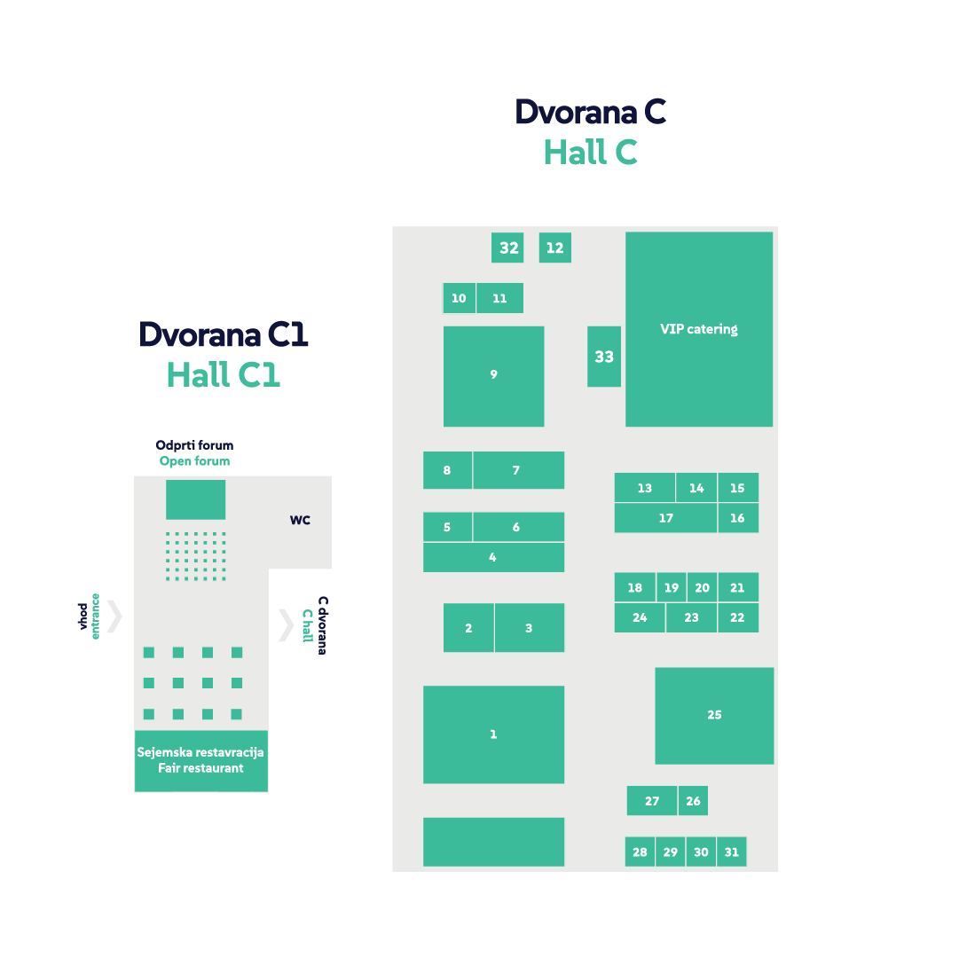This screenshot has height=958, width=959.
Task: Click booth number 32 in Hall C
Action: [x=507, y=247]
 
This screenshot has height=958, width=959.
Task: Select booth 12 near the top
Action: [x=554, y=247]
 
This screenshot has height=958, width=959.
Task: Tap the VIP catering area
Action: [x=699, y=329]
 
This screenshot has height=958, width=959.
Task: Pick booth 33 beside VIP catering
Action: [x=604, y=357]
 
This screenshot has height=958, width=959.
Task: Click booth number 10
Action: [x=459, y=298]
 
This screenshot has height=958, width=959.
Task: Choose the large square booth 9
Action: [x=493, y=376]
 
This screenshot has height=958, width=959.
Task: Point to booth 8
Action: [x=447, y=470]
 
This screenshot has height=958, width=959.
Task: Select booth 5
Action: [x=447, y=527]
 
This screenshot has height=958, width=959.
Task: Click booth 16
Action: [x=738, y=518]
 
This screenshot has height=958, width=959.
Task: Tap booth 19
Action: [x=672, y=587]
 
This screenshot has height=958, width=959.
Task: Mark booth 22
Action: [x=738, y=617]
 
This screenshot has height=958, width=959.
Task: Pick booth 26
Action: [x=693, y=801]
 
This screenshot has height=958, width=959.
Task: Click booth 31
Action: [x=731, y=852]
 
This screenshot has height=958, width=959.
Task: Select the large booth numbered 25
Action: [x=714, y=715]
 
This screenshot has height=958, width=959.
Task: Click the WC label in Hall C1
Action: [x=300, y=521]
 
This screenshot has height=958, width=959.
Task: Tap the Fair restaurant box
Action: [x=200, y=760]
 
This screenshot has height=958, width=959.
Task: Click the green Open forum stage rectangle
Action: [x=195, y=499]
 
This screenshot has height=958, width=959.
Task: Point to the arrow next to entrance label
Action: [x=114, y=616]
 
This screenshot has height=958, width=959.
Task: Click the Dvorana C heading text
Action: [x=590, y=113]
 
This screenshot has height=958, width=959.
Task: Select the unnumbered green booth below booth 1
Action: [x=493, y=841]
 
